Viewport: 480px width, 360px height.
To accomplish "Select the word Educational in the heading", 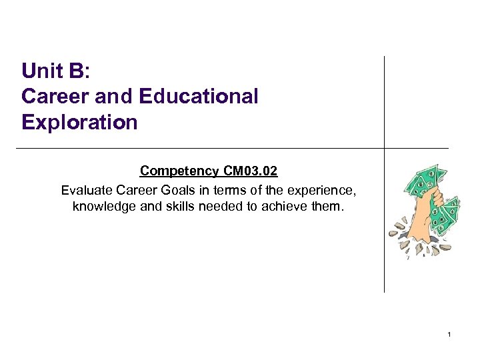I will point(199,97).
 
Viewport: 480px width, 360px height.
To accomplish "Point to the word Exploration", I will point(79,123).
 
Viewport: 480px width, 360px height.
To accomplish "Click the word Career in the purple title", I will point(55,97).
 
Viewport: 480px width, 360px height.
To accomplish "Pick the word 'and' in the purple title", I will point(115,97).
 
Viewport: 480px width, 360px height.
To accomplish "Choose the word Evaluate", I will point(85,190).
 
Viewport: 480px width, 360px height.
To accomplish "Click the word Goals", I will point(175,190).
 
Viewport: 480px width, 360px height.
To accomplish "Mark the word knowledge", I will point(103,207).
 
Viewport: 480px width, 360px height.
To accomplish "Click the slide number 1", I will point(450,333).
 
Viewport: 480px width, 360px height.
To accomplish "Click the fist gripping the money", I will point(420,203).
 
